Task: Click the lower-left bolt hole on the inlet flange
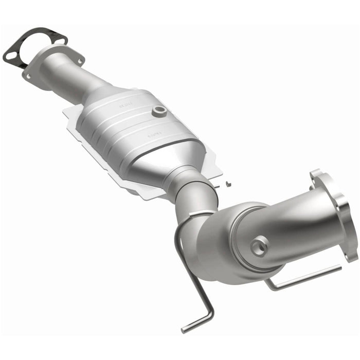coord(28,76)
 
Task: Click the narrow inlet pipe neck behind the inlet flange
coord(82,77)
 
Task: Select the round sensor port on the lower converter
coord(260,246)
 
